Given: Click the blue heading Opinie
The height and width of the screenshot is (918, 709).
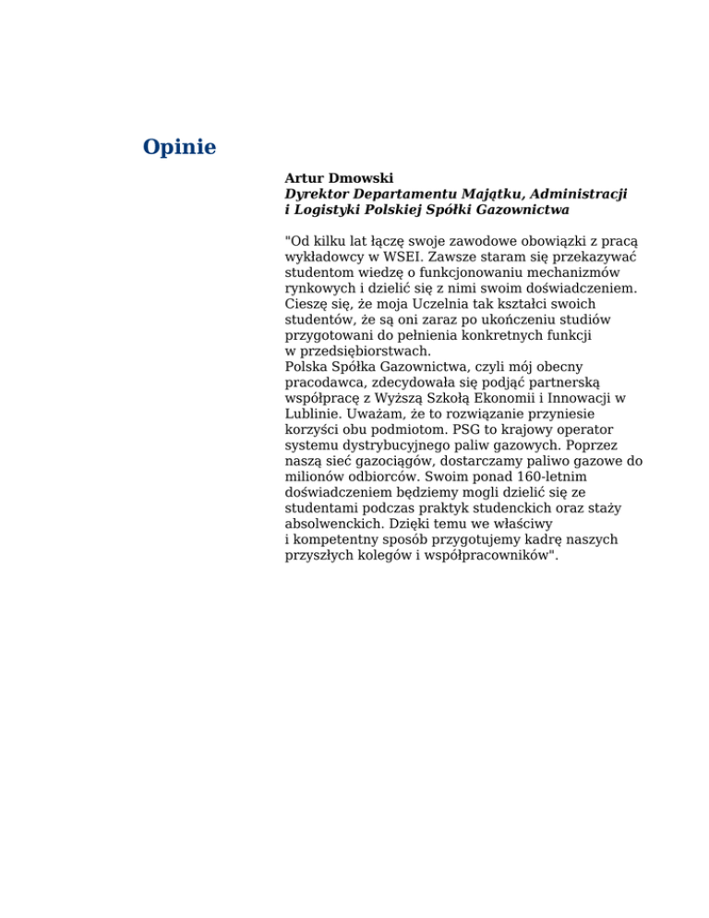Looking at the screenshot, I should point(179,147).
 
